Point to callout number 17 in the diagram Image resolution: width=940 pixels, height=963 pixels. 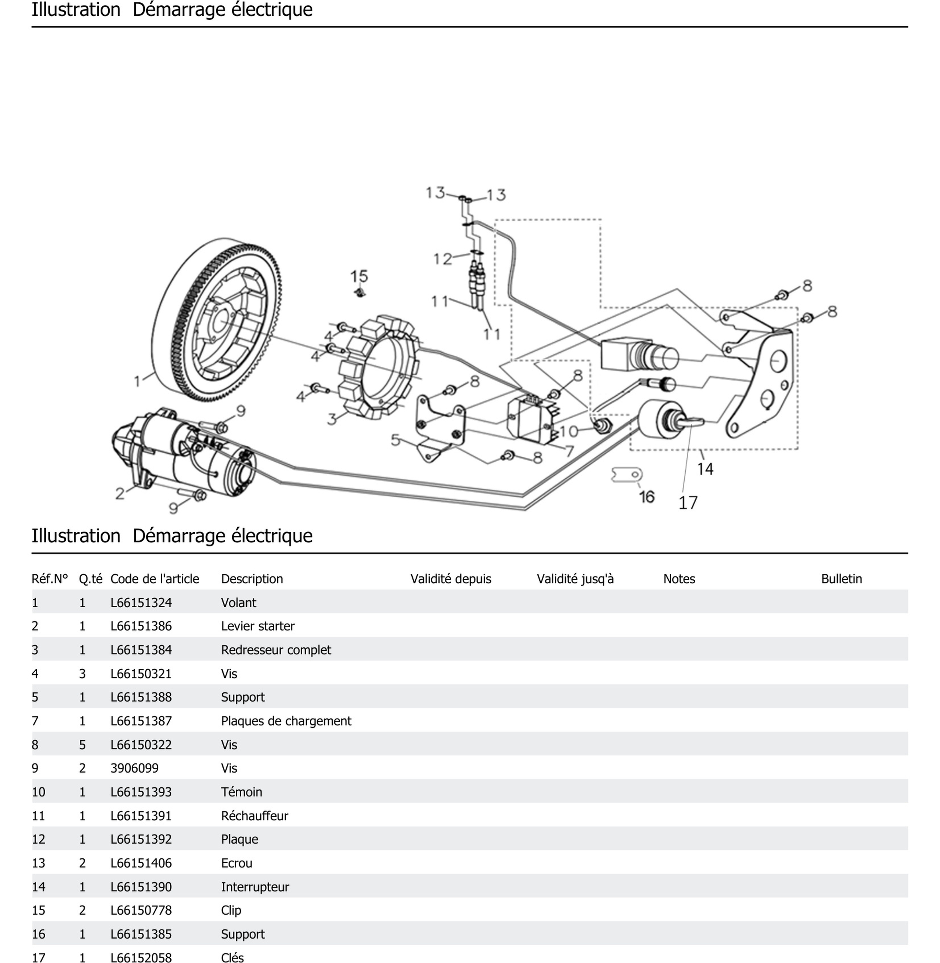click(688, 503)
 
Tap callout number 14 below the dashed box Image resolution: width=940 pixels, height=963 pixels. click(705, 468)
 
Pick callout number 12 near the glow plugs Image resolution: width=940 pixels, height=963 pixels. click(442, 259)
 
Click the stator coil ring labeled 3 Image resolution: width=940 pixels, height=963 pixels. click(380, 365)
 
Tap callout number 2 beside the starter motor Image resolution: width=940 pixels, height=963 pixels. click(120, 493)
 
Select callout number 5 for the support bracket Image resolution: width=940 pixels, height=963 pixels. click(396, 440)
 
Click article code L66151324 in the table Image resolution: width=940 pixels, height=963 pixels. click(141, 603)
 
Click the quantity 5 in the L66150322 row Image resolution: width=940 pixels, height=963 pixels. click(82, 745)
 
